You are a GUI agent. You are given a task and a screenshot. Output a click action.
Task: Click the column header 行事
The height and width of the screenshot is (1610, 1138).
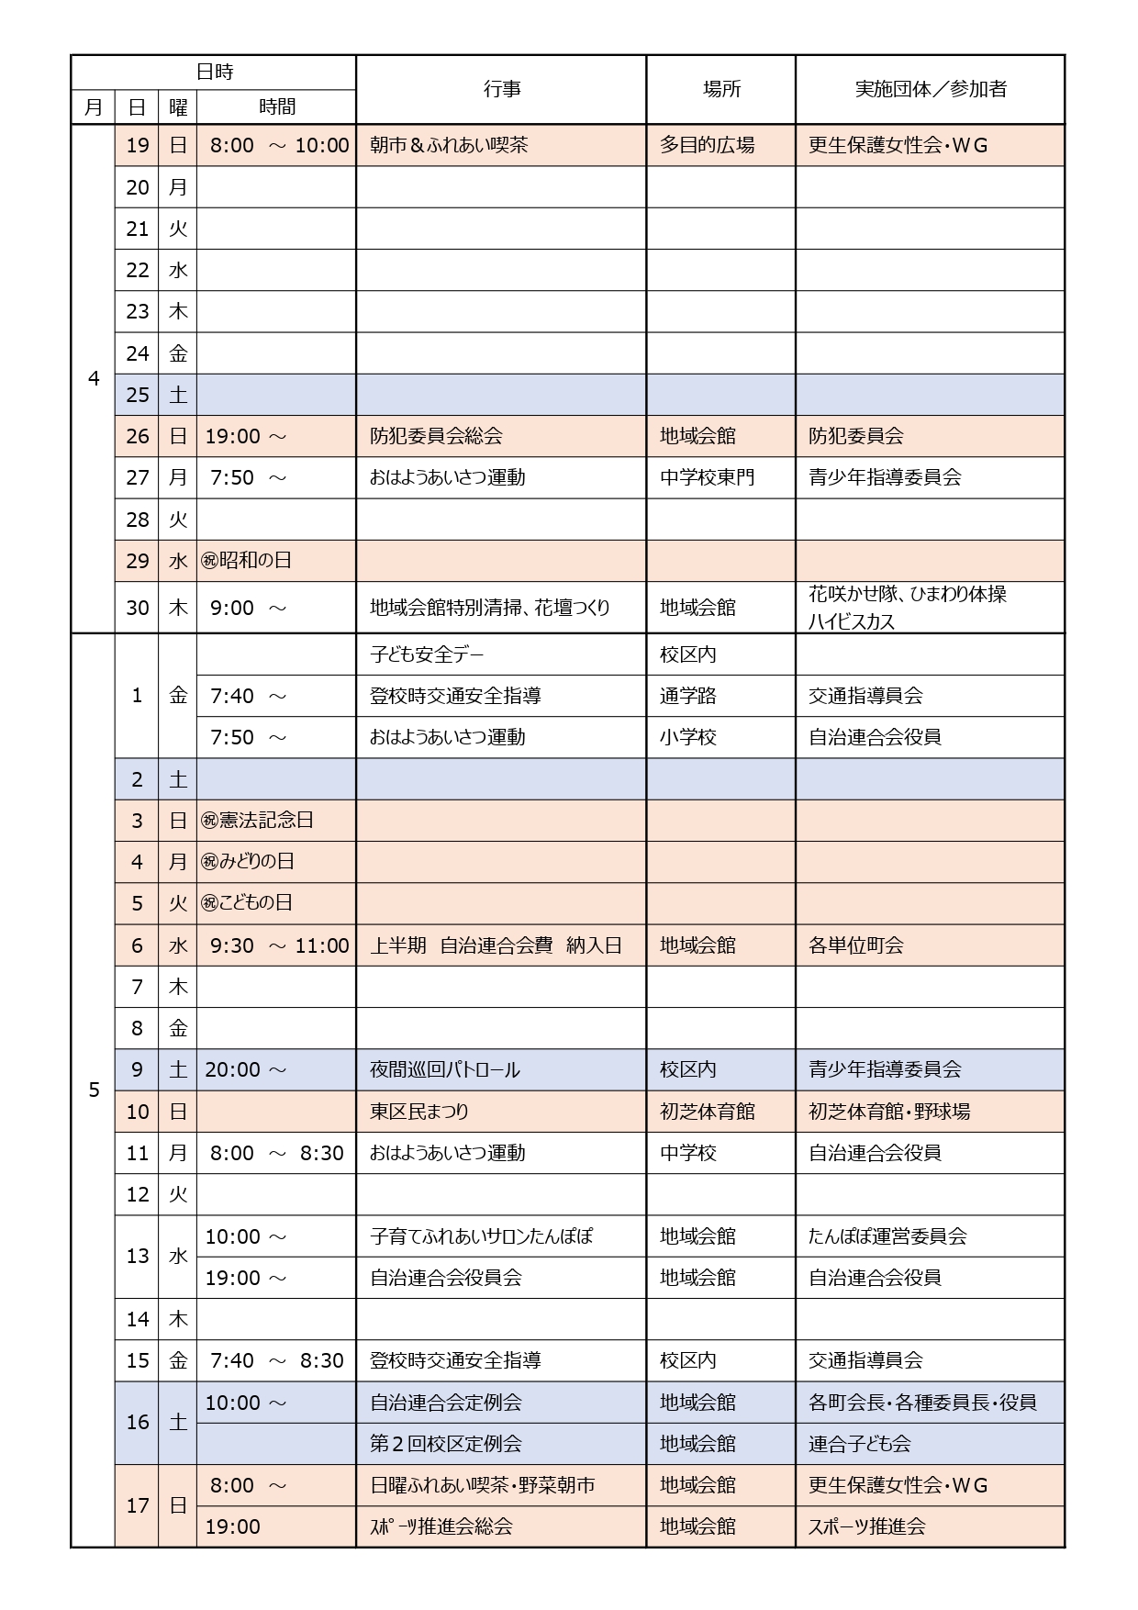point(501,89)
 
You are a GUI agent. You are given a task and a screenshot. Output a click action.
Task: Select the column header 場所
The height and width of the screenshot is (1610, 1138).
point(721,89)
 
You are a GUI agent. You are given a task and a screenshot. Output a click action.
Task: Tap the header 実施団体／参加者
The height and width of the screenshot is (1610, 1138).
point(931,89)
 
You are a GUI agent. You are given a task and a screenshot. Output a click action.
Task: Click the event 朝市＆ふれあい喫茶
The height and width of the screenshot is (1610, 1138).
point(449,145)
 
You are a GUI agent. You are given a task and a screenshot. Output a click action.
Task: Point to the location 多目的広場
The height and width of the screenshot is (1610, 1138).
point(707,145)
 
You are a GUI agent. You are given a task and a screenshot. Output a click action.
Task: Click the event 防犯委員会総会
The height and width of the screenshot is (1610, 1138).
point(436,436)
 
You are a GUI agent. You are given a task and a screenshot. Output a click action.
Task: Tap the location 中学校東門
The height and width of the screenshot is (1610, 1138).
point(707,477)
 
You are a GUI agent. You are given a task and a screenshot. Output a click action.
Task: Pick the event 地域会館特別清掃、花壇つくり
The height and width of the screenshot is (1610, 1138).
point(489,608)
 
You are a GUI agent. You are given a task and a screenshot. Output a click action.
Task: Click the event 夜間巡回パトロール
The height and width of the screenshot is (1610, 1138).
point(444,1069)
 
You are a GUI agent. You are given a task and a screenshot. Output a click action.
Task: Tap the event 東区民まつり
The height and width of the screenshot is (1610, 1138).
point(419,1112)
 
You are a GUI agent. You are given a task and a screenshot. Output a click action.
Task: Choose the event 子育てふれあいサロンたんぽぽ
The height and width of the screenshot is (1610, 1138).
point(481,1236)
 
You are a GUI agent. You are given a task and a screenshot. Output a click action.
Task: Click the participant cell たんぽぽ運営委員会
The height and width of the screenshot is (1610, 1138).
point(887,1236)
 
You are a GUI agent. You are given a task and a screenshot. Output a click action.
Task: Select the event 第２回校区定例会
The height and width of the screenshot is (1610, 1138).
point(445,1444)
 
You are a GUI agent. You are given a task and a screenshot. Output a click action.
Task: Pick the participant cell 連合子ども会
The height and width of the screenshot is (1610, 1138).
point(859,1444)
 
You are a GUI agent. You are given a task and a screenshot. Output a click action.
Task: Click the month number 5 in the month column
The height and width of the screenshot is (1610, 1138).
point(94,1090)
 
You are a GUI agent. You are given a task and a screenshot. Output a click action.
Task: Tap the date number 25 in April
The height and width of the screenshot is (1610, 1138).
point(138,395)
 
